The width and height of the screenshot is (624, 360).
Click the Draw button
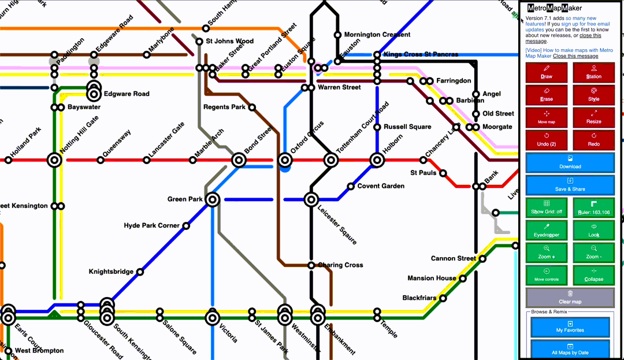click(x=546, y=72)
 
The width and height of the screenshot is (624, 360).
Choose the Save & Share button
click(x=570, y=185)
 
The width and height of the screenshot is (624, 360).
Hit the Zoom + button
click(x=546, y=253)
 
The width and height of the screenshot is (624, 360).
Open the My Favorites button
click(x=570, y=326)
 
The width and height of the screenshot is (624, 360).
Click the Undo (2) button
click(x=546, y=140)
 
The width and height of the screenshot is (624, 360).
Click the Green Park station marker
click(x=213, y=200)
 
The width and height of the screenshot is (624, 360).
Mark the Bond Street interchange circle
click(x=239, y=160)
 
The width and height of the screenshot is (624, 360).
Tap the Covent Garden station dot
click(x=351, y=186)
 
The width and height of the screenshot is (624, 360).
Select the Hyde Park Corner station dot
click(x=186, y=226)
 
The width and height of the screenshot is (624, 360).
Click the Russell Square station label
click(x=407, y=127)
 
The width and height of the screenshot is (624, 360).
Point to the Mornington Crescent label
click(x=377, y=35)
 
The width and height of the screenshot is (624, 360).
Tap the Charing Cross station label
click(x=340, y=265)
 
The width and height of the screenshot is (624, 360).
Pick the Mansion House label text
click(x=432, y=279)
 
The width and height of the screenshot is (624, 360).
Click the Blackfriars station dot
click(x=443, y=299)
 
